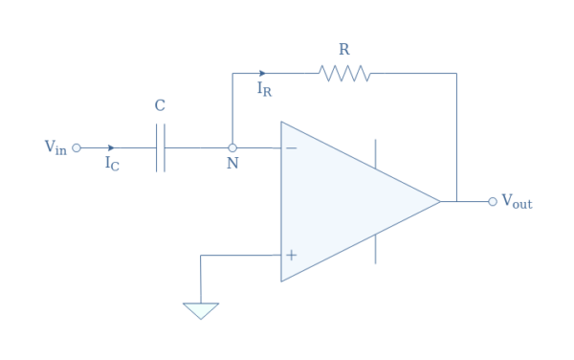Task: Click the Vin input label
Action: click(x=55, y=147)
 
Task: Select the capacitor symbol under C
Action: click(x=160, y=148)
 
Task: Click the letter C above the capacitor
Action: click(x=160, y=106)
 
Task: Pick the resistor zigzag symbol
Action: click(x=344, y=73)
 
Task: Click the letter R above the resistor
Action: click(x=344, y=48)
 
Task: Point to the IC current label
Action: click(x=112, y=164)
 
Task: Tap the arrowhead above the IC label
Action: click(x=112, y=148)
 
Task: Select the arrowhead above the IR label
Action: click(x=263, y=73)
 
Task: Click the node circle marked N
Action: click(x=232, y=148)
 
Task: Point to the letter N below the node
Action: click(x=232, y=165)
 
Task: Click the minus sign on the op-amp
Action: click(x=291, y=148)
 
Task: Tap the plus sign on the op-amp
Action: click(x=291, y=256)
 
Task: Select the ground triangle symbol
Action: click(x=201, y=310)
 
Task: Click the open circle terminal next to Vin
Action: click(x=77, y=148)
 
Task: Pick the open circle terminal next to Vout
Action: click(x=493, y=202)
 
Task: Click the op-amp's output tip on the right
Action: click(x=439, y=202)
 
